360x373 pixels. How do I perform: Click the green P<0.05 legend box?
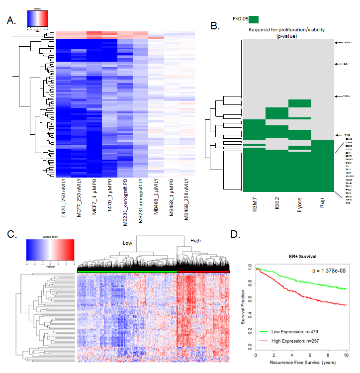pos(254,19)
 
